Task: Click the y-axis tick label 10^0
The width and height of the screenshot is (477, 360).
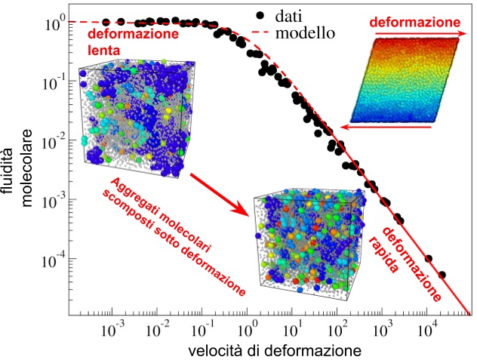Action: [55, 22]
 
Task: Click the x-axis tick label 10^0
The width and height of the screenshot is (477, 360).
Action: [247, 329]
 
